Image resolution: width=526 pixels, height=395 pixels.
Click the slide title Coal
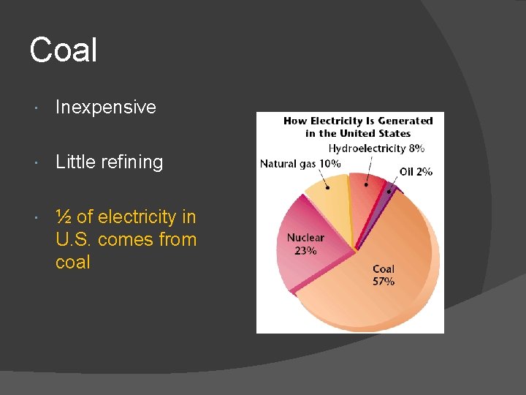63,50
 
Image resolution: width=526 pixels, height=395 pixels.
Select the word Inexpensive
106,107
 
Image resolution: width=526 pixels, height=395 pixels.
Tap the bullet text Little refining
110,162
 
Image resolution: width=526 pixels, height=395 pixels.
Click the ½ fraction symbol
63,217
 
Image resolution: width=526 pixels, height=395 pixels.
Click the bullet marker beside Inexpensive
37,108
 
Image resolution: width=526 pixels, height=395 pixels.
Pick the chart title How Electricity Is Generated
358,121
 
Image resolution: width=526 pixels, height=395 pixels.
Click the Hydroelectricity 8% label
376,148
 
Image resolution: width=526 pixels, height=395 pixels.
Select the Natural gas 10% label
300,163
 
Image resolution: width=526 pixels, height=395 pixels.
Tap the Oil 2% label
416,171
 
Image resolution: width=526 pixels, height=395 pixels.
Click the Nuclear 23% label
305,244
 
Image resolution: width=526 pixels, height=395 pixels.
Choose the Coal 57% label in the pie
384,275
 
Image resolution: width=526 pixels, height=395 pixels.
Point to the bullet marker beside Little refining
37,162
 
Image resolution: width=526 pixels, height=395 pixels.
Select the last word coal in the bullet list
72,262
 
